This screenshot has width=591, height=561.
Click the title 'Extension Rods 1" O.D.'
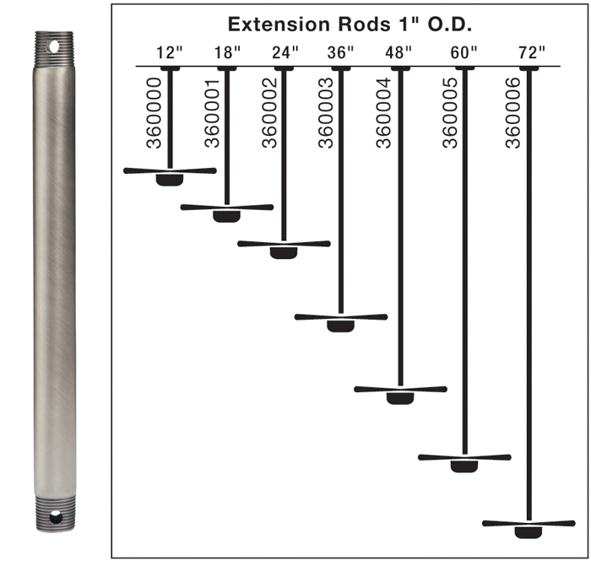click(x=350, y=24)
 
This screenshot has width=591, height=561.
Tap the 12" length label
click(x=169, y=52)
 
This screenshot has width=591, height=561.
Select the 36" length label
click(x=340, y=52)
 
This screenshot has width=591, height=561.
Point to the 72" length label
click(x=531, y=52)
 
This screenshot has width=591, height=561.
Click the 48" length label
click(x=399, y=52)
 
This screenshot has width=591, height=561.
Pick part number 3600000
click(x=154, y=113)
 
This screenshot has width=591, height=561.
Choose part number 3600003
click(x=326, y=113)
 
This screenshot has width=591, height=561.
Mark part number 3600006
click(x=512, y=113)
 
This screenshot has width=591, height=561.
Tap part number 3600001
click(x=212, y=113)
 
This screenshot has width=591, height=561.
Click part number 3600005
click(x=450, y=113)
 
